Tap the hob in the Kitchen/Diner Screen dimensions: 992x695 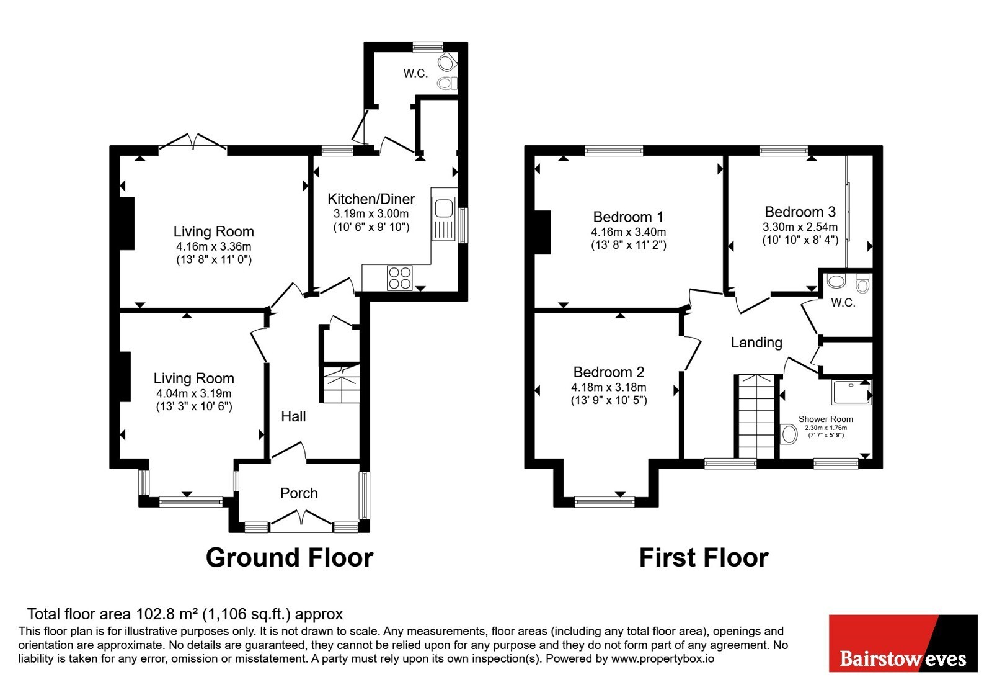pyautogui.click(x=399, y=278)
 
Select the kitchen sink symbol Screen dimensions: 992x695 pyautogui.click(x=444, y=214)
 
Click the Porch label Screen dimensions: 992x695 pyautogui.click(x=299, y=493)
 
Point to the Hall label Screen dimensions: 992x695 pyautogui.click(x=293, y=416)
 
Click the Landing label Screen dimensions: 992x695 pyautogui.click(x=756, y=343)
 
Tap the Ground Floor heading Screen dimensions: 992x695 pyautogui.click(x=290, y=558)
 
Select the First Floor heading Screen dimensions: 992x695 pyautogui.click(x=704, y=558)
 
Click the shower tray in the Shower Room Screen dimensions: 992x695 pyautogui.click(x=852, y=392)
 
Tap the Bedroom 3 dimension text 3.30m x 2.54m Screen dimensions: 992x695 pyautogui.click(x=800, y=227)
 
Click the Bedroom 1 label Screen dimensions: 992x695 pyautogui.click(x=628, y=217)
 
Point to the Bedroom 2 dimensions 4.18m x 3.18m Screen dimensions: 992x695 pyautogui.click(x=608, y=387)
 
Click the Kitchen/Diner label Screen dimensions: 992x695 pyautogui.click(x=371, y=199)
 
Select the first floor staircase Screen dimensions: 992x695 pyautogui.click(x=757, y=416)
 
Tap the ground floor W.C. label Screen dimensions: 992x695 pyautogui.click(x=415, y=74)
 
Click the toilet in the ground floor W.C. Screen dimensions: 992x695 pyautogui.click(x=447, y=83)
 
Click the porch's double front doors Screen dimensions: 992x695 pyautogui.click(x=301, y=521)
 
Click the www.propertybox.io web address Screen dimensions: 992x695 pyautogui.click(x=663, y=658)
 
